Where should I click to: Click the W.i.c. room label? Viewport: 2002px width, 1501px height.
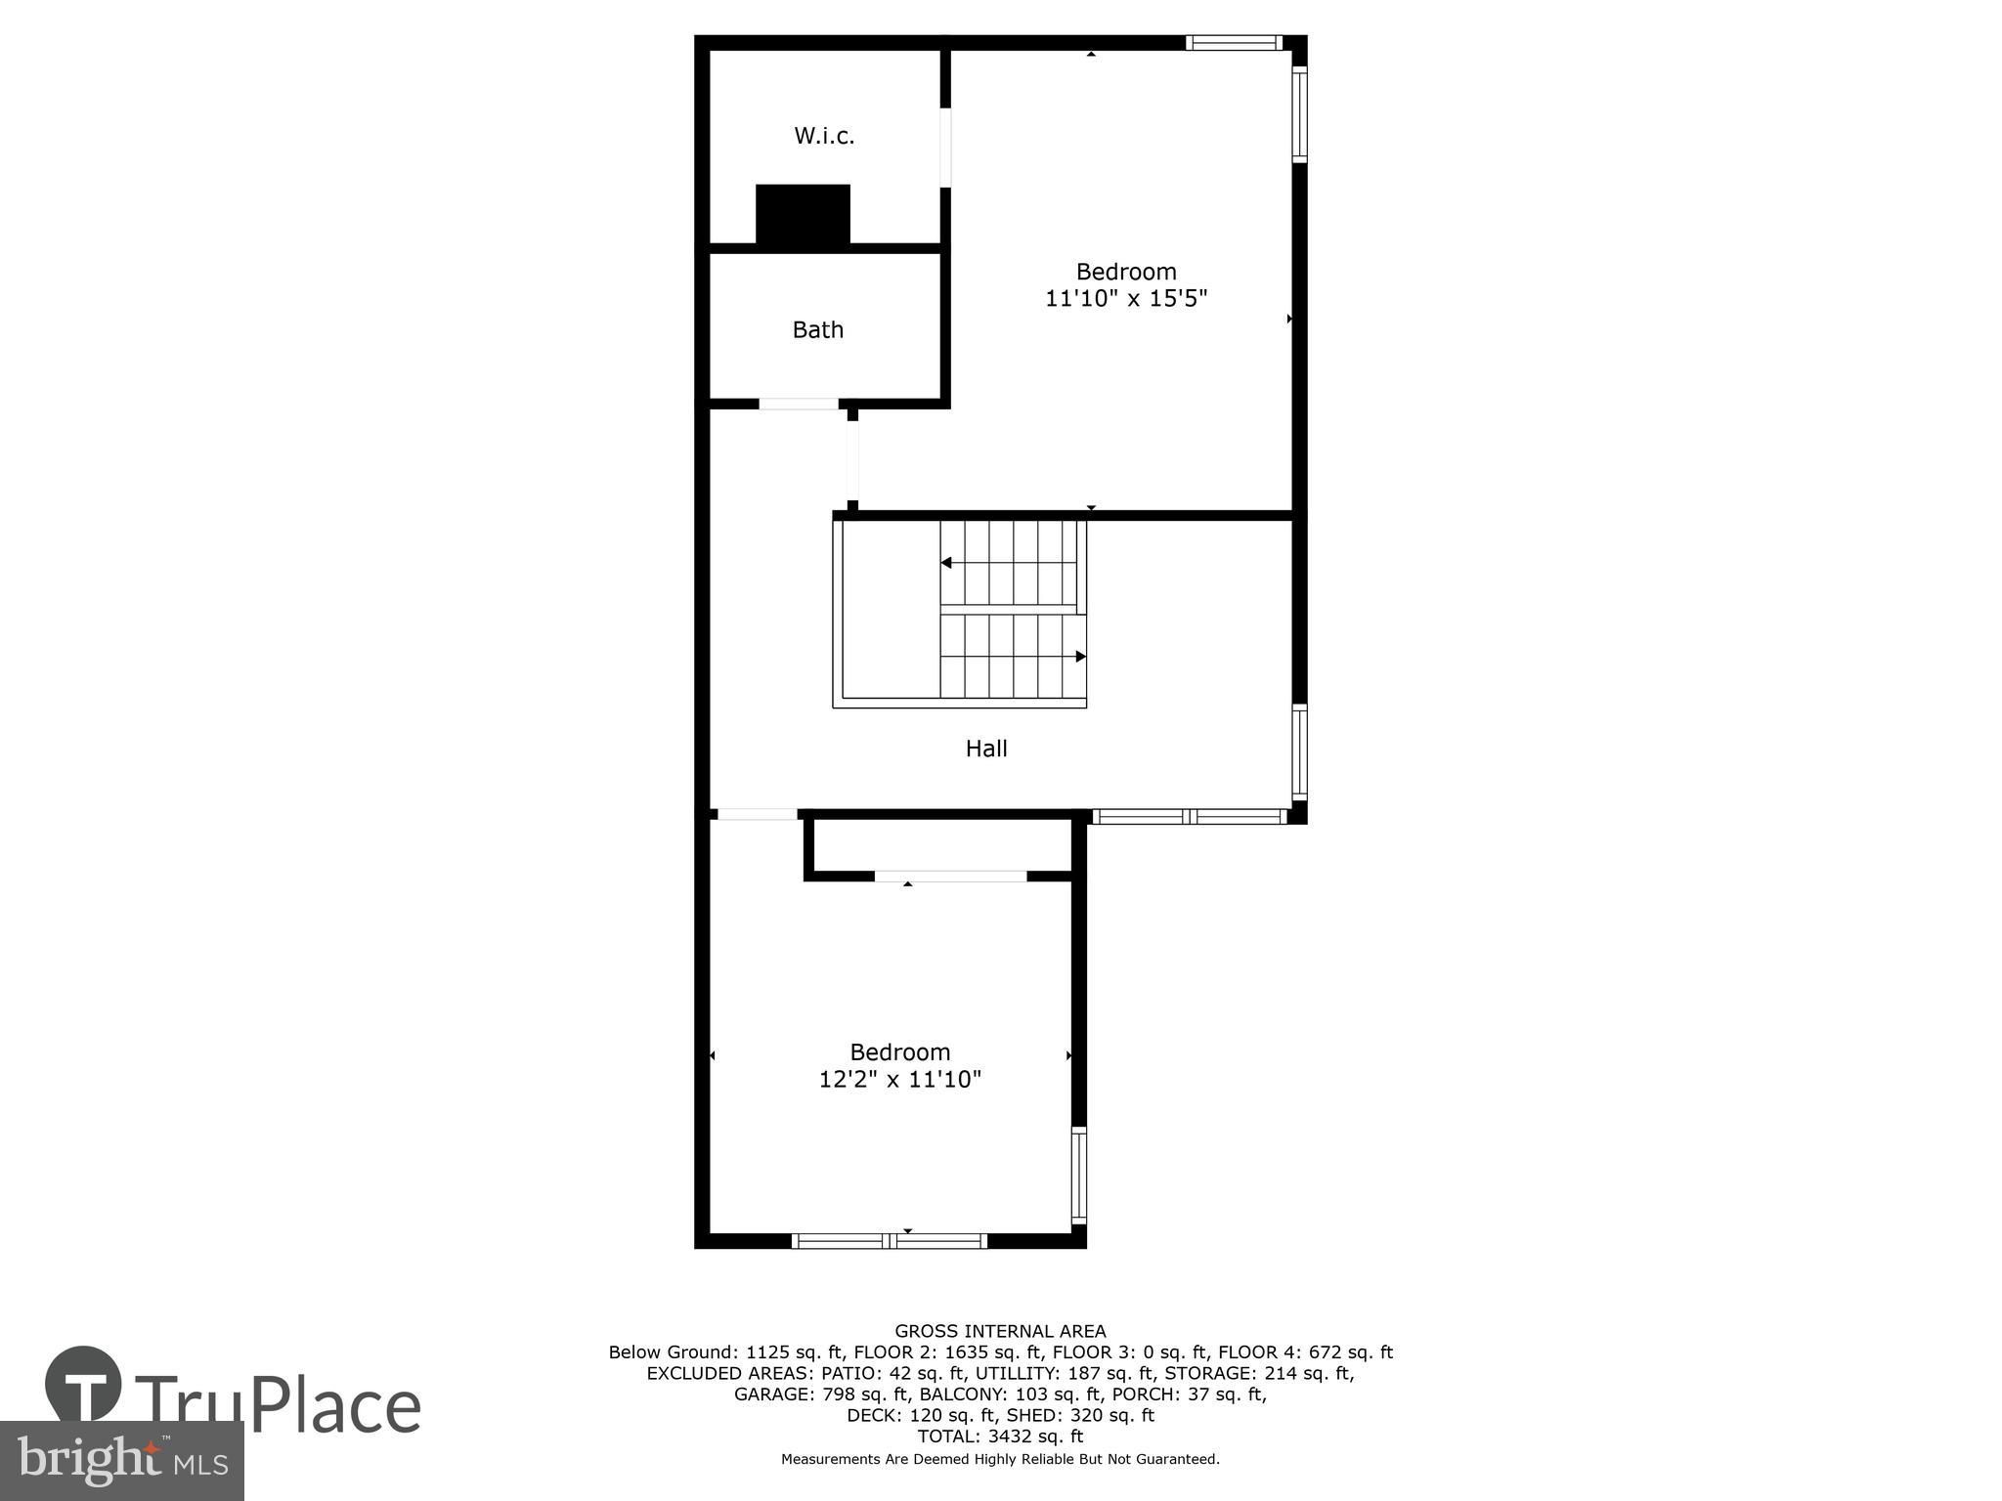click(824, 136)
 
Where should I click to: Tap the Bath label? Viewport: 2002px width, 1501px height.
click(817, 330)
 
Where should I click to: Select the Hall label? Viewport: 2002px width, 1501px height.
click(985, 749)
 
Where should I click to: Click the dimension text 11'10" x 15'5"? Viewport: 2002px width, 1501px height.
click(1126, 298)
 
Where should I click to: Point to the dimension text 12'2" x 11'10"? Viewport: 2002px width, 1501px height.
click(899, 1079)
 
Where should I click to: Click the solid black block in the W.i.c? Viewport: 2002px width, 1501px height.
click(803, 214)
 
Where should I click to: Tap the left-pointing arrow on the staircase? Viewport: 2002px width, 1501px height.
click(946, 563)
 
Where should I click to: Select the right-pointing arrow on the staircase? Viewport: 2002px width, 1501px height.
click(1080, 657)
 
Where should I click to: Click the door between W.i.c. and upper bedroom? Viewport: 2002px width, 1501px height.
click(945, 148)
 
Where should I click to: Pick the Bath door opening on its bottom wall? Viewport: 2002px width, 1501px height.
click(799, 404)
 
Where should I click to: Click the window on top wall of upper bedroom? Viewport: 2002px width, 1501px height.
click(1234, 42)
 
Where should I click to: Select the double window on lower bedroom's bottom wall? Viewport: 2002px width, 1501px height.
click(889, 1241)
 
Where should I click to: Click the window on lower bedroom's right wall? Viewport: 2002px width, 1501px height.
click(1078, 1175)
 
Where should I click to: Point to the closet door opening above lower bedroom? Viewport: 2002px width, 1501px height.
click(950, 877)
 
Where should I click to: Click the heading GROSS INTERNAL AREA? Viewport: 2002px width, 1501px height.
click(1000, 1331)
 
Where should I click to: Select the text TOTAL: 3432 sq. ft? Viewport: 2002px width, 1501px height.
click(1000, 1437)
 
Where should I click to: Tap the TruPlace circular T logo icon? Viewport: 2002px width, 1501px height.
click(83, 1385)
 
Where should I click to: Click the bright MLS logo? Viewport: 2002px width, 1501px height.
click(122, 1460)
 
